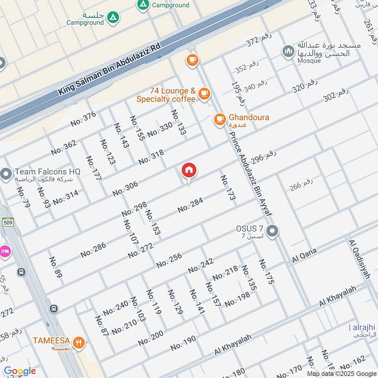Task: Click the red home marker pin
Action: pyautogui.click(x=189, y=171)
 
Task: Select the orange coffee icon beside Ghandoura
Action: pyautogui.click(x=220, y=120)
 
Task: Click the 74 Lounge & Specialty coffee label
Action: pyautogui.click(x=166, y=94)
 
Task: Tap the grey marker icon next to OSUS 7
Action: pyautogui.click(x=272, y=232)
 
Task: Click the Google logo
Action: pyautogui.click(x=20, y=371)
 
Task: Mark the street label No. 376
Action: pyautogui.click(x=83, y=119)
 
